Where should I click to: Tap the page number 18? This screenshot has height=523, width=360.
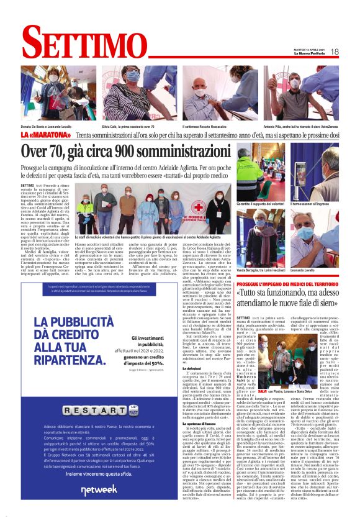334,52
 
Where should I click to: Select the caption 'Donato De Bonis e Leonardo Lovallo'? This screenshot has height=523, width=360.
46,124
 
